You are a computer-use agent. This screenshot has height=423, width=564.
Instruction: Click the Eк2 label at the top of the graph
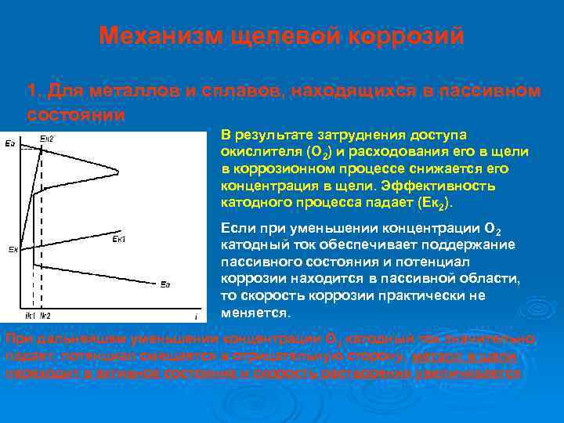click(47, 139)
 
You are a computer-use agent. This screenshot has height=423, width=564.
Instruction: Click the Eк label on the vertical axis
click(13, 250)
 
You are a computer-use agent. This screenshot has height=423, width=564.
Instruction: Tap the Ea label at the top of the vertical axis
click(9, 143)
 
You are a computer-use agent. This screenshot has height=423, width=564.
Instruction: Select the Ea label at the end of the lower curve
click(165, 284)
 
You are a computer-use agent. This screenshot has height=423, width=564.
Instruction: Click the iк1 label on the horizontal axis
click(31, 316)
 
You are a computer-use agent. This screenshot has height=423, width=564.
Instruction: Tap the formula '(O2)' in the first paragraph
click(302, 152)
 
